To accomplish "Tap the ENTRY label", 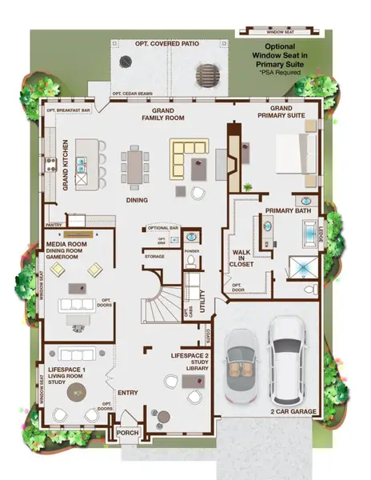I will click(x=128, y=393).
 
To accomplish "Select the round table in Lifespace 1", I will click(x=78, y=391).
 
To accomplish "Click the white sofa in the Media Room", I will click(x=77, y=306).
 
